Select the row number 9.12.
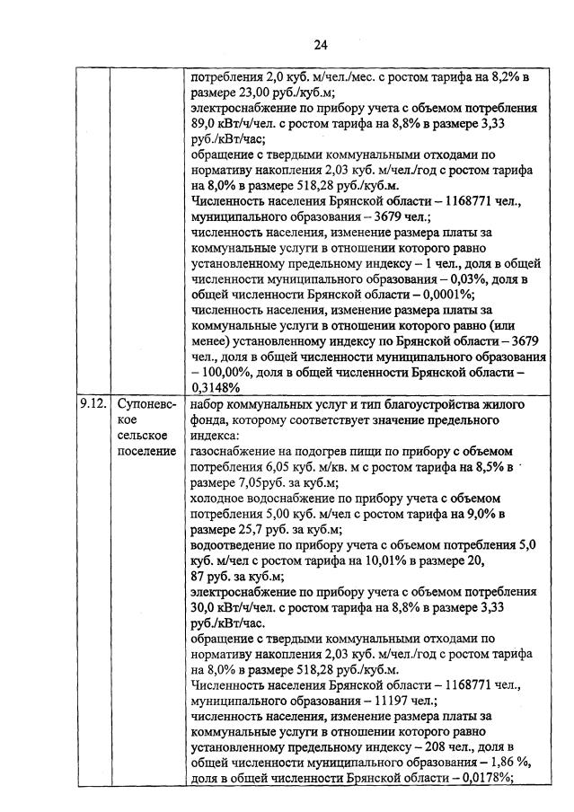pyautogui.click(x=92, y=404)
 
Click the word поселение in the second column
pyautogui.click(x=146, y=450)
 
